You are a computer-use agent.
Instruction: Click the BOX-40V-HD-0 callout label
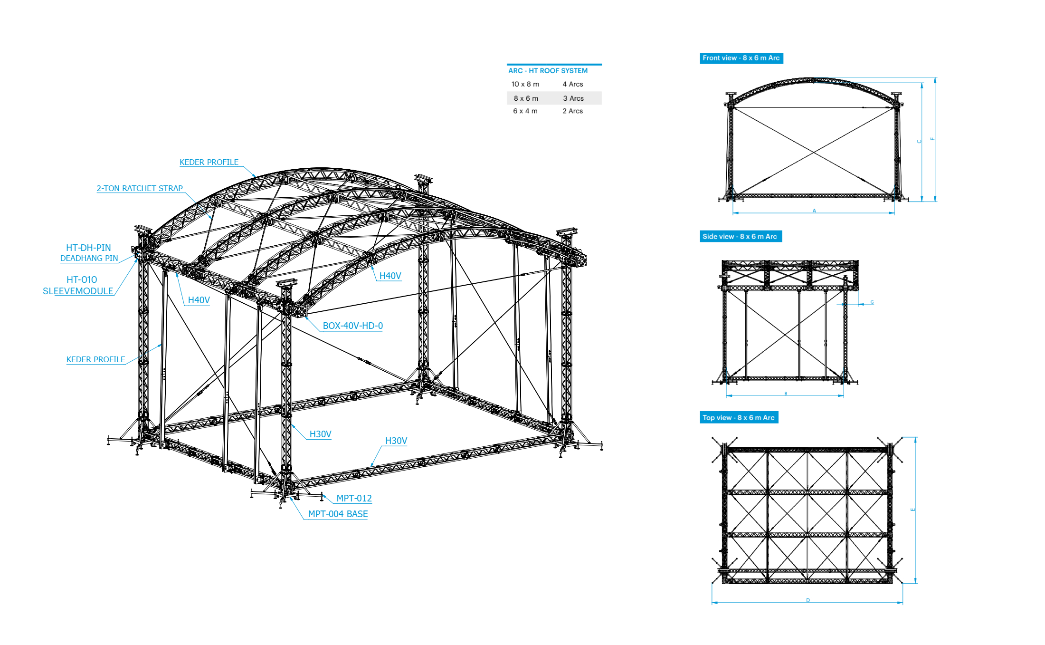(x=352, y=326)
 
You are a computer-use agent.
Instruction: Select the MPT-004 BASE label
(x=338, y=514)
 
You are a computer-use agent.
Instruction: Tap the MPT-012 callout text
(x=354, y=498)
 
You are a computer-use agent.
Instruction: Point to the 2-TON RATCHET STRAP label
(x=140, y=188)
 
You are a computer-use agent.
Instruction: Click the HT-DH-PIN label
(x=88, y=248)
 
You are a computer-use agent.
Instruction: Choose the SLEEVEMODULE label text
(x=78, y=291)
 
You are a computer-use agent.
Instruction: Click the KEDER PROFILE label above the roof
(x=209, y=162)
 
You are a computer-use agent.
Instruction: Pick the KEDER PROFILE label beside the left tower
(x=95, y=359)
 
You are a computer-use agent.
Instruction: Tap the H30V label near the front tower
(x=320, y=434)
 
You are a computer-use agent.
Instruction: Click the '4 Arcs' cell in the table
(x=572, y=84)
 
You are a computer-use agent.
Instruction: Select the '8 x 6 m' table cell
(x=526, y=98)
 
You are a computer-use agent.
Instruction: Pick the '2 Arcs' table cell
(x=572, y=111)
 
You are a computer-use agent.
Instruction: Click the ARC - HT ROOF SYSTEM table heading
(x=548, y=71)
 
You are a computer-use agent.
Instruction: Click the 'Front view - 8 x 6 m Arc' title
(x=741, y=58)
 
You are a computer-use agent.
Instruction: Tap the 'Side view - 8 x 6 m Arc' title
(x=740, y=236)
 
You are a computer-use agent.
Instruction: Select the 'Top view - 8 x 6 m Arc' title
(x=738, y=418)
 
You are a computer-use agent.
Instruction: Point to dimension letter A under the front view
(x=814, y=211)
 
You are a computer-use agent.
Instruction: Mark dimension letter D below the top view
(x=808, y=600)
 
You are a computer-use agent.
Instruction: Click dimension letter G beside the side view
(x=872, y=302)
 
